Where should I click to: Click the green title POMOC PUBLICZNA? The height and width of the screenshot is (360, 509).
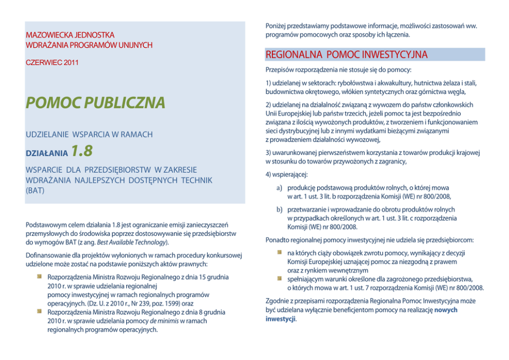click(96, 103)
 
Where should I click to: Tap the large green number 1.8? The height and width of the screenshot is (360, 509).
click(82, 151)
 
